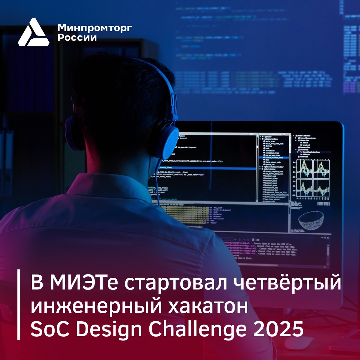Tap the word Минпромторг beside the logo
[x=94, y=28]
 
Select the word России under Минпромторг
[x=77, y=37]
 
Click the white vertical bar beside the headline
[x=19, y=305]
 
